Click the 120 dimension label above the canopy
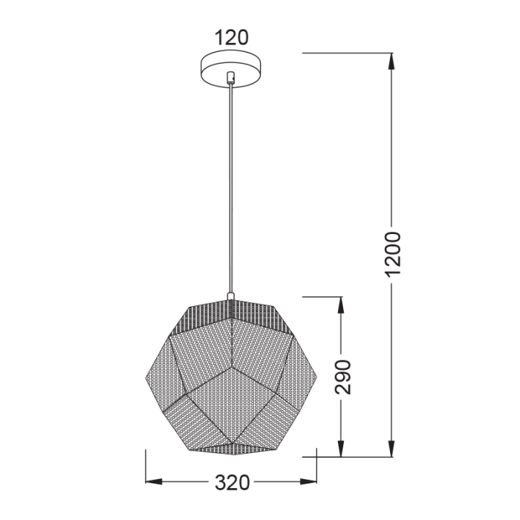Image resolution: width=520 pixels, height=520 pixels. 231,37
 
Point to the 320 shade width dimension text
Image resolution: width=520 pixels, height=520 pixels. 232,483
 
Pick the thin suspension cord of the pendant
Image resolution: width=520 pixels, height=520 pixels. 232,186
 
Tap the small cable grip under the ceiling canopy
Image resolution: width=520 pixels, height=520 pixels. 232,77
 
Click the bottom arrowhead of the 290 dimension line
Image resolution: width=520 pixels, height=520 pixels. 341,449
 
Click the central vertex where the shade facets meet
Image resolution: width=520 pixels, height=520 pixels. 232,366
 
